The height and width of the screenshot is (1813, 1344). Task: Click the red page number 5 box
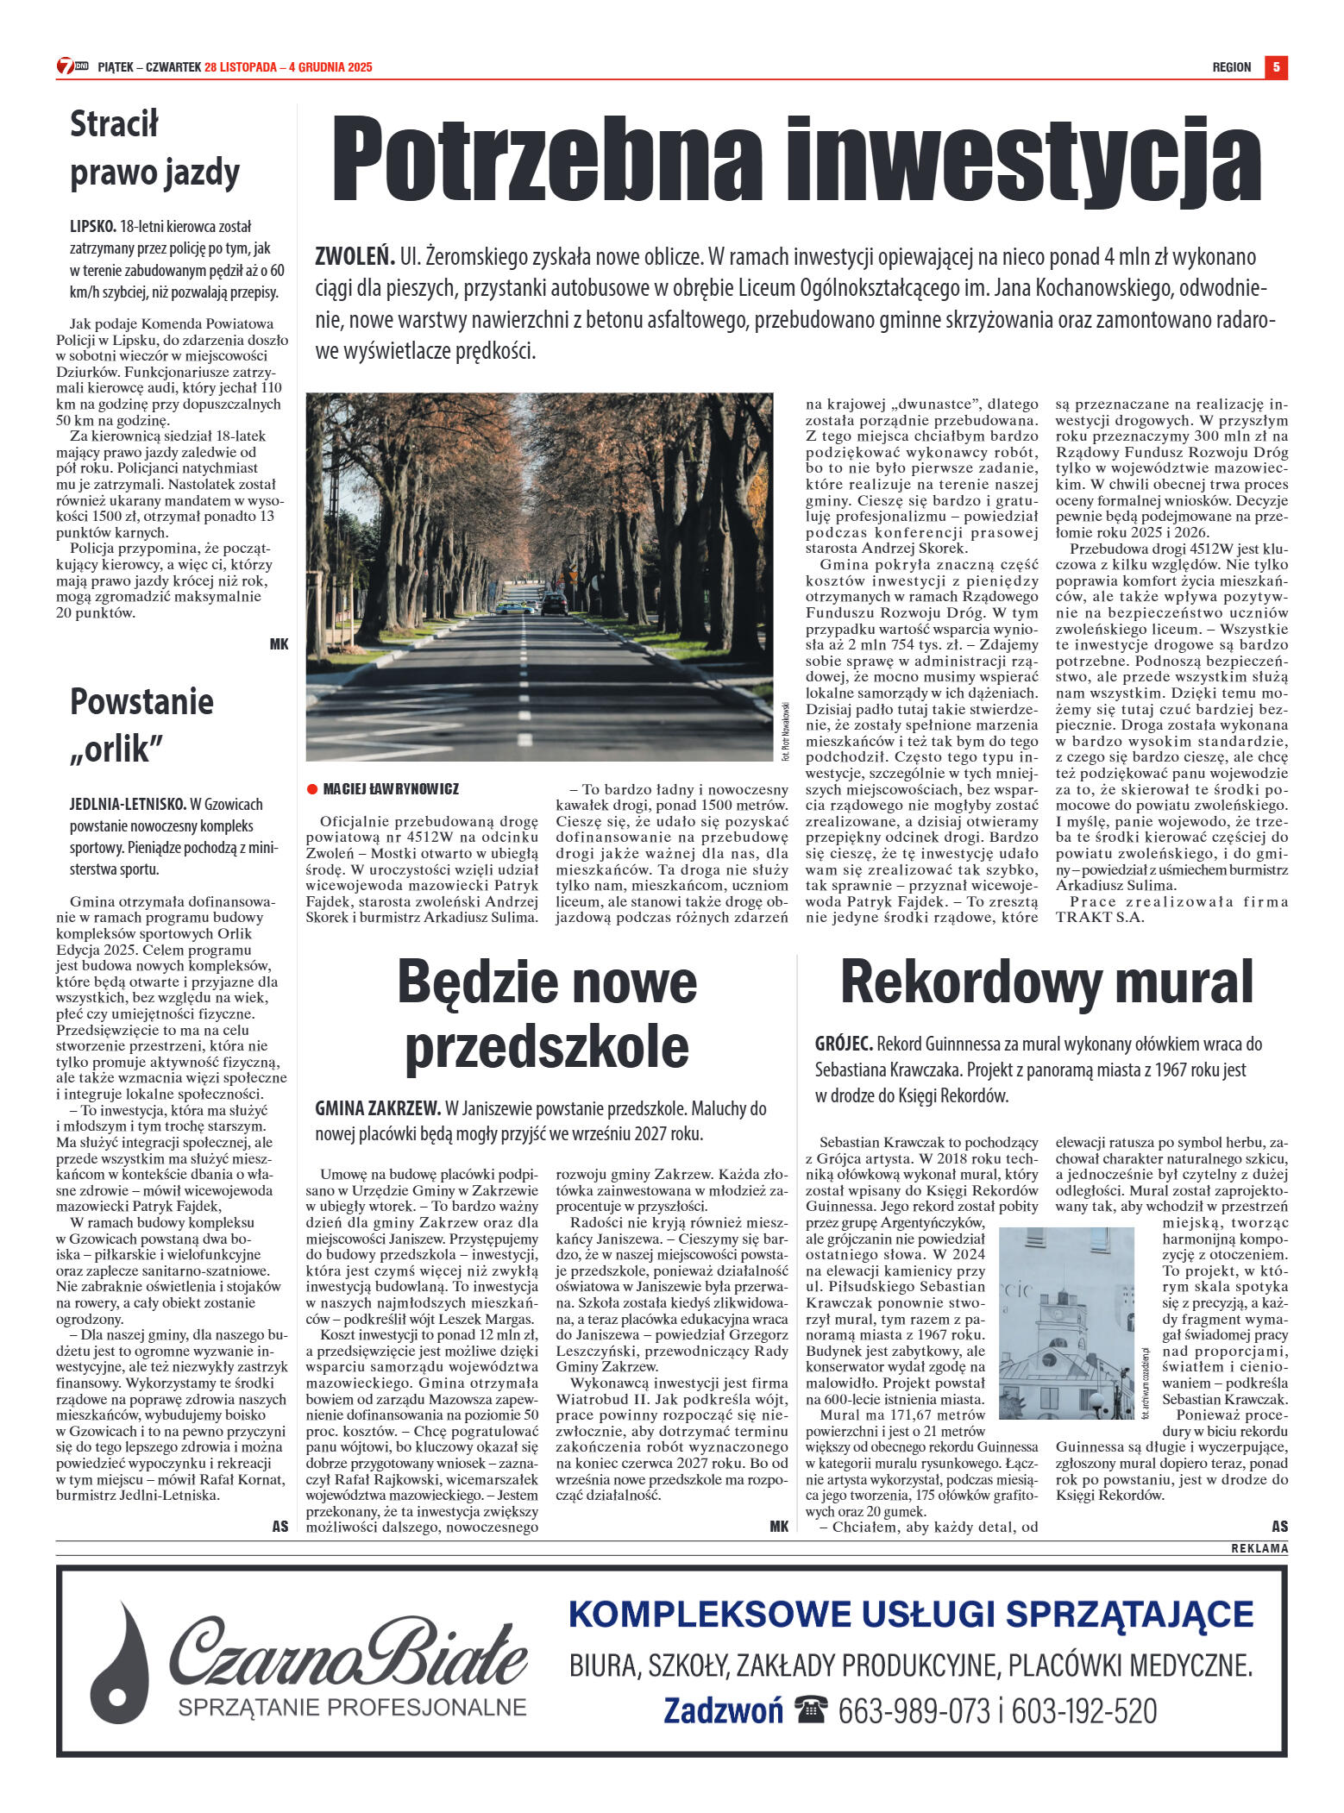(1276, 66)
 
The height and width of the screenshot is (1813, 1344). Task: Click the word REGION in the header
(1231, 67)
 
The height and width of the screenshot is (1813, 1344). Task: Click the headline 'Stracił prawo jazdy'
(154, 148)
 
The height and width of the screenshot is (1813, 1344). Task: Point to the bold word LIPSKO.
(92, 227)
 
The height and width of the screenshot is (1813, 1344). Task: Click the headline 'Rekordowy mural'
(1046, 982)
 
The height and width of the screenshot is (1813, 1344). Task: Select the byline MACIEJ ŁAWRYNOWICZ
(391, 789)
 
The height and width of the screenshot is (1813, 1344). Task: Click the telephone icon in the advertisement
(812, 1709)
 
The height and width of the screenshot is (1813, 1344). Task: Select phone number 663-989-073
(914, 1710)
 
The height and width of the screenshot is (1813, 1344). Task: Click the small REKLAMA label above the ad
(1259, 1548)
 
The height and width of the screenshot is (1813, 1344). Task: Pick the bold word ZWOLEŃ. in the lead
(355, 257)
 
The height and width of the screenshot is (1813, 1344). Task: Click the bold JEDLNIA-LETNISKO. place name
(128, 804)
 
